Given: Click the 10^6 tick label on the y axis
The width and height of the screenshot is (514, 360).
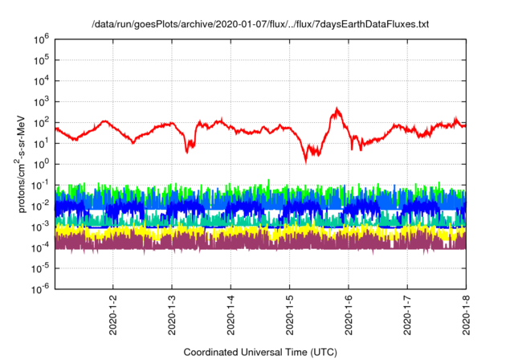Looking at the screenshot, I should (x=40, y=39).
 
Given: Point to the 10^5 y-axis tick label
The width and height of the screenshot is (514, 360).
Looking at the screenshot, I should (x=40, y=59).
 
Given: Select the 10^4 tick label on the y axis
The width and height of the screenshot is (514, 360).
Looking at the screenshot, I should (x=40, y=80).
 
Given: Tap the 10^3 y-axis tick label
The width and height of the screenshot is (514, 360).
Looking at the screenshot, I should (x=40, y=101).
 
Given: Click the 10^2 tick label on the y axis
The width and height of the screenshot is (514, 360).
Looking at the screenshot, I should (x=40, y=122).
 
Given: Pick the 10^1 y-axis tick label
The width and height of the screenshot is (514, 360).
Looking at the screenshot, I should (x=40, y=143).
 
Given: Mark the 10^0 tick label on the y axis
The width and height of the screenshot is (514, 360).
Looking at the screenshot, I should (x=40, y=164).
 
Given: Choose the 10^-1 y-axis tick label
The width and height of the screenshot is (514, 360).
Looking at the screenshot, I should (x=39, y=185).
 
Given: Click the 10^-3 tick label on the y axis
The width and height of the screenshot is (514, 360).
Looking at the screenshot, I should (x=39, y=227).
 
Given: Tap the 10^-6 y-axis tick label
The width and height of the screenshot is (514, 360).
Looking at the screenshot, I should (x=39, y=289).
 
